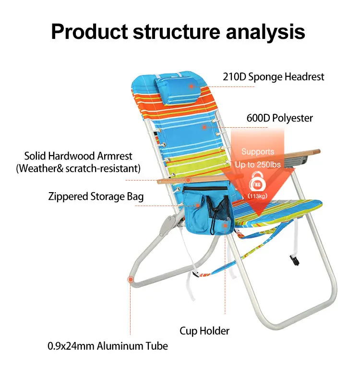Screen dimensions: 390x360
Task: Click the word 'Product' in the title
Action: (89, 31)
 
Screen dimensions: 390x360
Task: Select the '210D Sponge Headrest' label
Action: (273, 76)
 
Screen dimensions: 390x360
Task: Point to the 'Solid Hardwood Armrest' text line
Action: (78, 156)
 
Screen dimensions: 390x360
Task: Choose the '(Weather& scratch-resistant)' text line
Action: (78, 169)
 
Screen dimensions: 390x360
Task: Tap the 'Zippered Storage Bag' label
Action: (96, 196)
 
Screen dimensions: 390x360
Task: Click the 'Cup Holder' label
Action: (204, 330)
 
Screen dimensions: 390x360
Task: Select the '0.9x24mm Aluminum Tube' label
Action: (108, 346)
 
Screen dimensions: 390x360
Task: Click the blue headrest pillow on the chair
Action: (176, 87)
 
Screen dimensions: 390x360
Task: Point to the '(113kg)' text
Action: (258, 196)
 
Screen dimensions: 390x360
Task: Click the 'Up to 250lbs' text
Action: (258, 165)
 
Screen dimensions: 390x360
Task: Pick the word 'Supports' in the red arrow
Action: (258, 152)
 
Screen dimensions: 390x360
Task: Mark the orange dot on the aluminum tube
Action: (130, 279)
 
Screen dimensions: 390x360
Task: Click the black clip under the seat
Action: (294, 260)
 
